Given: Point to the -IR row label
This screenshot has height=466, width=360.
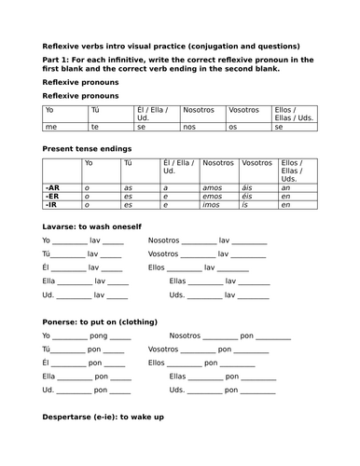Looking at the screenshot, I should (50, 205).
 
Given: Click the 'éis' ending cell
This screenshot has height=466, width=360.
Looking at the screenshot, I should (246, 196).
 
